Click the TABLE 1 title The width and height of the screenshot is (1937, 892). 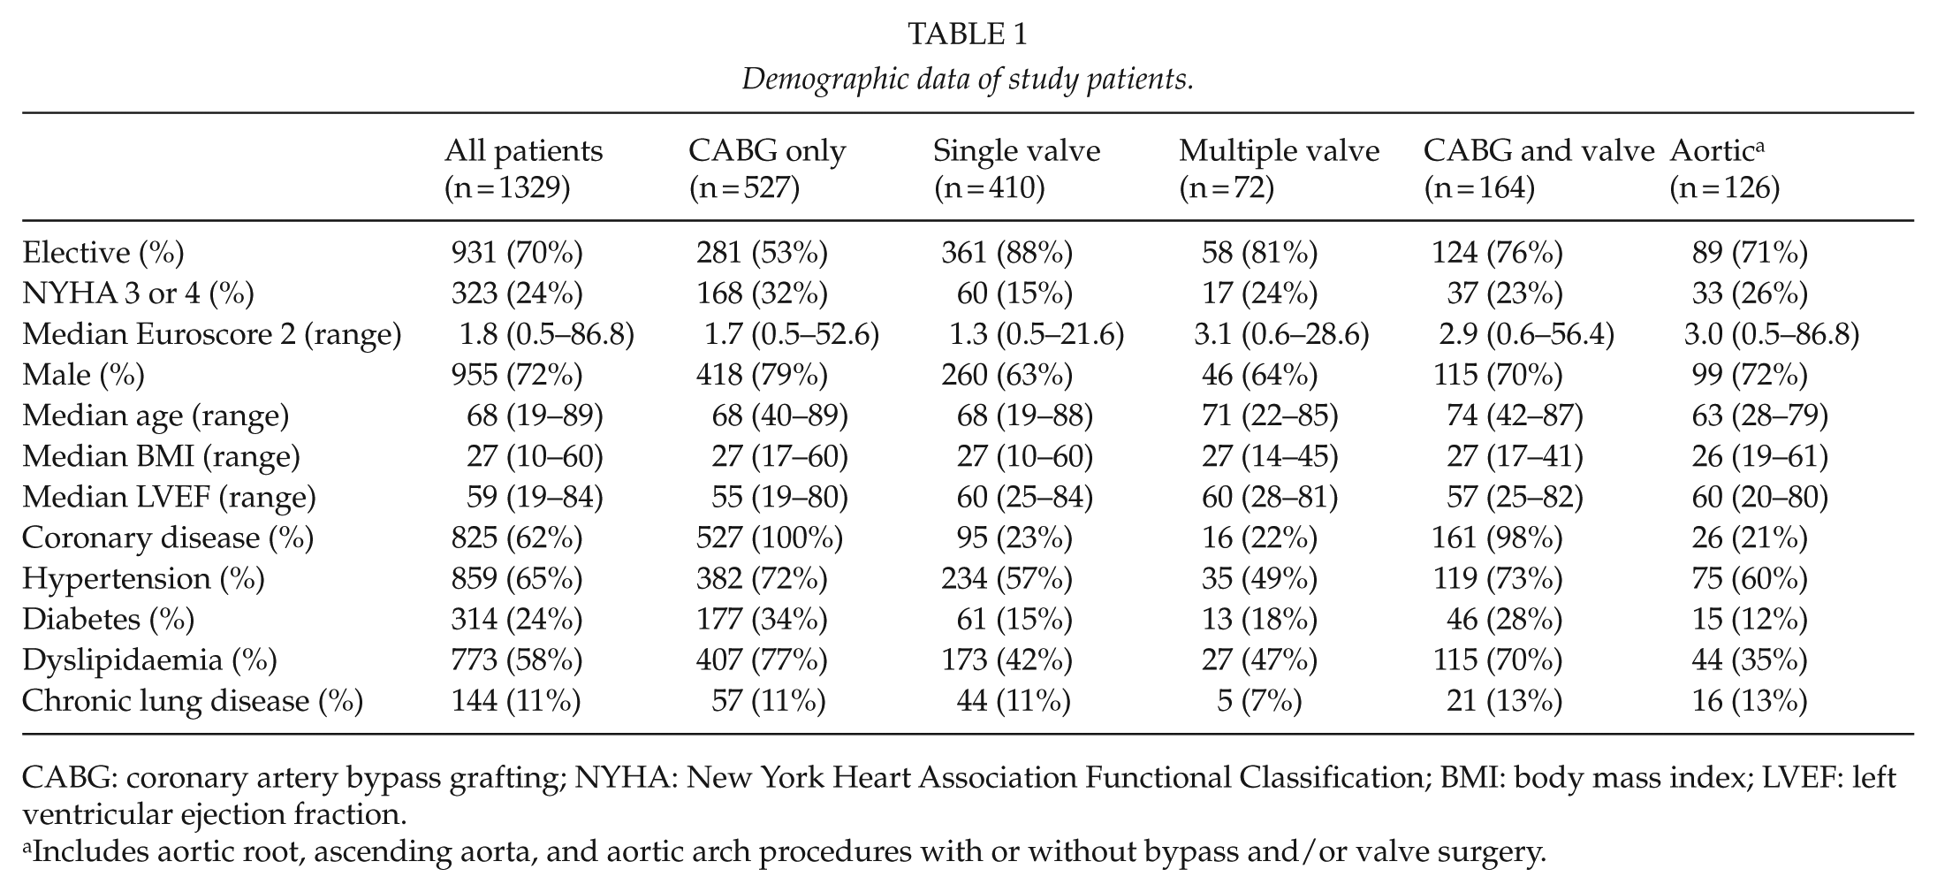968,34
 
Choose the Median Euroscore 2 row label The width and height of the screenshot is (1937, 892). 212,334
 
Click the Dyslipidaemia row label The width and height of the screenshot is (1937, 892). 149,660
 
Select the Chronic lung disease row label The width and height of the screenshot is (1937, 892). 193,701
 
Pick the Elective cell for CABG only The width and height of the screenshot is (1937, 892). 762,253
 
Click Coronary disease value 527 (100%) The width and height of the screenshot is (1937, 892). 770,538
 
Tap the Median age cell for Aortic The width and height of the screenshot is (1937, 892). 1759,416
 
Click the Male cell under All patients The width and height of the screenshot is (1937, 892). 517,375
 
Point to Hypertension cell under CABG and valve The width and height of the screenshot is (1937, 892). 1497,579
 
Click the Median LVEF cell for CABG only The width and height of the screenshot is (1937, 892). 780,498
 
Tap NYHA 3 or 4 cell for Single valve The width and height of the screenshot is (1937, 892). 1014,294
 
